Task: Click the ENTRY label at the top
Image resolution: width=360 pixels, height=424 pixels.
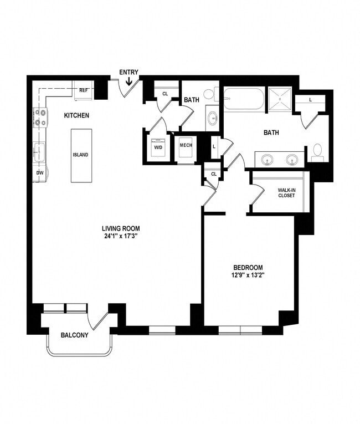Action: tap(128, 72)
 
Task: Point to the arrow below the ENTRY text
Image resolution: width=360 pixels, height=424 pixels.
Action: tap(128, 82)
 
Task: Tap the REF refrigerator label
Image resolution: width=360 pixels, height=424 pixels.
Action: tap(84, 90)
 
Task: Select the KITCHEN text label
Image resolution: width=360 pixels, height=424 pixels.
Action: tap(76, 115)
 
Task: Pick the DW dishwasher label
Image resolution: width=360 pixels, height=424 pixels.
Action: tap(39, 173)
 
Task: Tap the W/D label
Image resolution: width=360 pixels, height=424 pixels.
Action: tap(158, 148)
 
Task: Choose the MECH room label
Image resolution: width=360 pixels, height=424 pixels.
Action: tap(185, 145)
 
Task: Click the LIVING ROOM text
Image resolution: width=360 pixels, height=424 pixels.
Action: tap(120, 228)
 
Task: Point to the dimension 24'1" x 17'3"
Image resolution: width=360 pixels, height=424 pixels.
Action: tap(120, 236)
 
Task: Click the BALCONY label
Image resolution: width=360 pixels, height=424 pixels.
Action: tap(74, 335)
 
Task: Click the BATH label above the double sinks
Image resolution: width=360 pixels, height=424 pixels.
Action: tap(271, 133)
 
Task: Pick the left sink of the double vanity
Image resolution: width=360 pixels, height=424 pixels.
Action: tap(267, 160)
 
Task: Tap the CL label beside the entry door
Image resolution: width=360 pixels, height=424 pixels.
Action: tap(165, 94)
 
